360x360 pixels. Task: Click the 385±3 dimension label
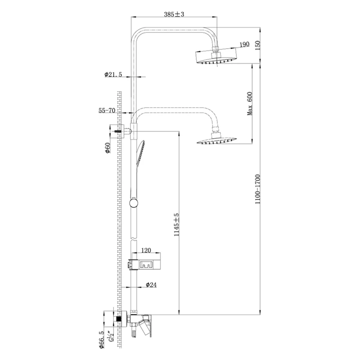tap(174, 14)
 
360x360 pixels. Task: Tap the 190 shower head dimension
tap(244, 44)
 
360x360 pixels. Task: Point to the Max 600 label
tap(250, 103)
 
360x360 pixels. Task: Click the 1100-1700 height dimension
tap(257, 189)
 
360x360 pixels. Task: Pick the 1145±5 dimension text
tap(176, 225)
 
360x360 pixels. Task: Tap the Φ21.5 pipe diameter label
tap(113, 74)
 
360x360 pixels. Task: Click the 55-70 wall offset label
tap(107, 110)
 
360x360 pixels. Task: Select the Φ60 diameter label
tap(107, 148)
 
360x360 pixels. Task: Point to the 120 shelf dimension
tap(146, 250)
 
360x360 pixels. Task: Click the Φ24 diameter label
tap(151, 285)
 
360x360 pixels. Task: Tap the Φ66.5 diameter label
tap(102, 341)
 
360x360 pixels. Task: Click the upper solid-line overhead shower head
tap(216, 57)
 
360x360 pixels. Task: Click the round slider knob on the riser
tap(134, 203)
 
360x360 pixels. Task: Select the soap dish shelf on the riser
tap(144, 264)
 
